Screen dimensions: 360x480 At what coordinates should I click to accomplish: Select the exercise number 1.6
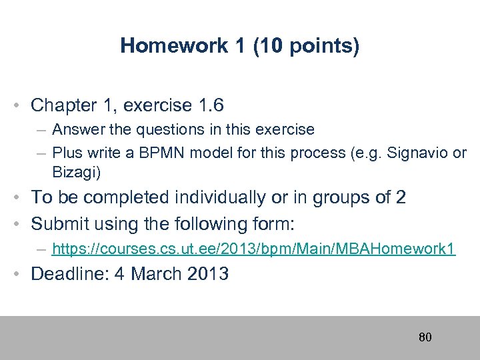[x=209, y=105]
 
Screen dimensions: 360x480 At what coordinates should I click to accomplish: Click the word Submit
[x=61, y=223]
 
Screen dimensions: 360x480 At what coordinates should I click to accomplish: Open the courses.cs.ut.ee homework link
[x=253, y=249]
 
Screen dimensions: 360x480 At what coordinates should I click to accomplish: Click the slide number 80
[x=425, y=337]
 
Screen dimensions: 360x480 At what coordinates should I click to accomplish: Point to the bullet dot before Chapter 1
[x=23, y=105]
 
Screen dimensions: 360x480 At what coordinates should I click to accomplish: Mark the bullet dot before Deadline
[x=23, y=274]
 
